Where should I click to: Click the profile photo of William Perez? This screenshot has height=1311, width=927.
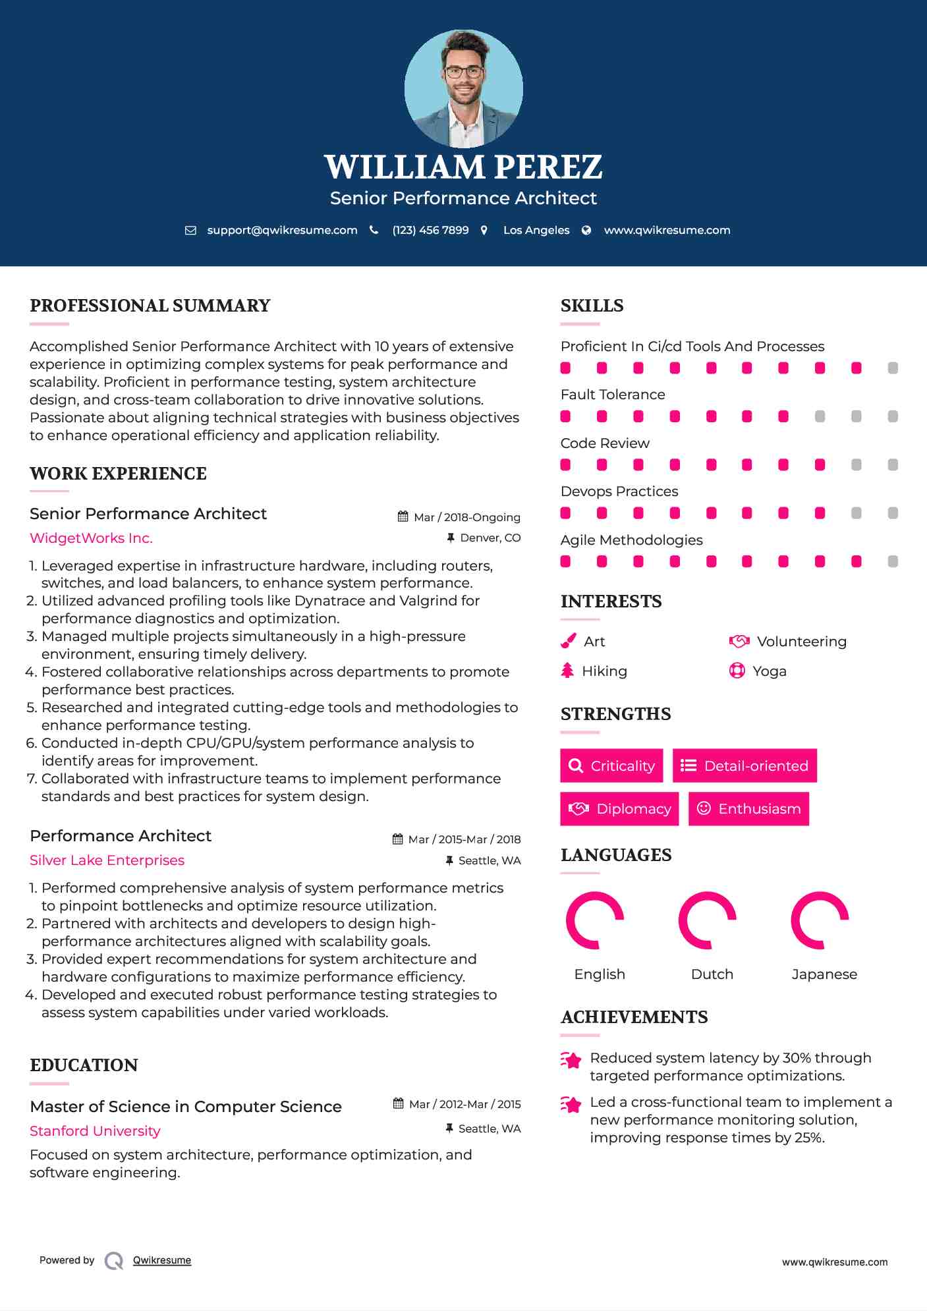[x=463, y=88]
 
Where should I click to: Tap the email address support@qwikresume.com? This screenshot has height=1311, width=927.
[x=282, y=230]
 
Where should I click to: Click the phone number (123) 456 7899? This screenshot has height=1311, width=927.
[x=430, y=230]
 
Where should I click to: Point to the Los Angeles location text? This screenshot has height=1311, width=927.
[x=536, y=230]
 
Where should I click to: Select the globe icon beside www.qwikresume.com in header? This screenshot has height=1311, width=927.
[x=586, y=230]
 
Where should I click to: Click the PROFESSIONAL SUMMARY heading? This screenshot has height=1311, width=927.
[x=150, y=306]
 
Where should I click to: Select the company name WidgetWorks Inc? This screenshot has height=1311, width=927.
[x=91, y=538]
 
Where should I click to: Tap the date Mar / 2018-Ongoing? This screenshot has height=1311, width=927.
[x=466, y=517]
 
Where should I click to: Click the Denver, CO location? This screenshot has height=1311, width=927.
[x=490, y=538]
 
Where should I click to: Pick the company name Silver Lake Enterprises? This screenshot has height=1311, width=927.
[x=107, y=860]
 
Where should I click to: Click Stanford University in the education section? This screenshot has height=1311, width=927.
[x=95, y=1131]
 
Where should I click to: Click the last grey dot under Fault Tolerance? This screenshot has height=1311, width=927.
[x=893, y=416]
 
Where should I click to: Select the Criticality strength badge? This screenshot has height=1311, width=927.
[x=611, y=766]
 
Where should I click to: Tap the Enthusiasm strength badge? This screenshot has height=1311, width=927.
[x=748, y=808]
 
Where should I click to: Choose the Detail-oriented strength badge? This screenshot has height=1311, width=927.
[x=744, y=766]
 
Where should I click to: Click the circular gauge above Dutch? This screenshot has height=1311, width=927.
[x=707, y=920]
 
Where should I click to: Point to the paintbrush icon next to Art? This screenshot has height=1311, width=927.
[x=568, y=641]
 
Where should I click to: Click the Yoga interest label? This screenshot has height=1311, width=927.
[x=769, y=671]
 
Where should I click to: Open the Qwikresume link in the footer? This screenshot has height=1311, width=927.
[x=162, y=1260]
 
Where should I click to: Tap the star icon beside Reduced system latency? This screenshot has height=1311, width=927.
[x=571, y=1060]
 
